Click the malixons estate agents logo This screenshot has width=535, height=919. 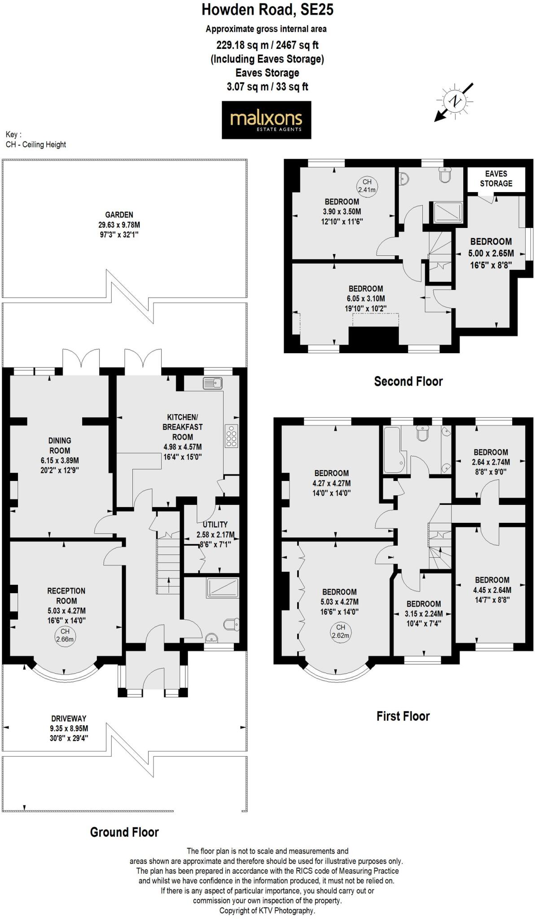266,120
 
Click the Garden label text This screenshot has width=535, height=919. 119,224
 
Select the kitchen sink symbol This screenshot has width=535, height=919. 213,383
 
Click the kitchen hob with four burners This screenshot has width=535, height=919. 232,435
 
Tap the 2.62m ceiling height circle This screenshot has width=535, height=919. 340,631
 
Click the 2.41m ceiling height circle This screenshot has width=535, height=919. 367,186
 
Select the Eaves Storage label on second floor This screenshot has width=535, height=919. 496,179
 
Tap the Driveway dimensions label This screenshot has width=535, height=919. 69,728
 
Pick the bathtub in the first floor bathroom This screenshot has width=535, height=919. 394,450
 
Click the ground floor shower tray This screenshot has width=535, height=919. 223,587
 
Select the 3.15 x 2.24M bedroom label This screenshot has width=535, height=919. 423,613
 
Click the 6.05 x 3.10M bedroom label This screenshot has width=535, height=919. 366,298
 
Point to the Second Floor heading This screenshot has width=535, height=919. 408,381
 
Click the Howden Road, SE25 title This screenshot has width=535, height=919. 267,9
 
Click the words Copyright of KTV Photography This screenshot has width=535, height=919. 267,910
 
